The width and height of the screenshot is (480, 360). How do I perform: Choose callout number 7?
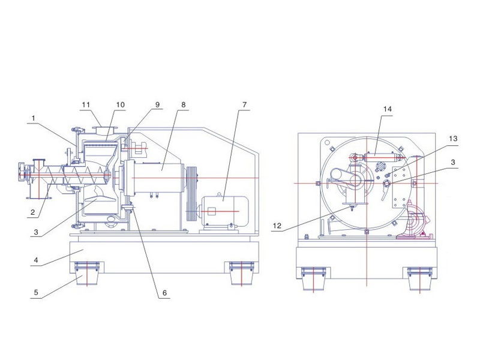click(x=244, y=104)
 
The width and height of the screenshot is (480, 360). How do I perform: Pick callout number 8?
click(x=184, y=104)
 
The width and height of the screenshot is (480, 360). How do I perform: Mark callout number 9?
click(x=158, y=104)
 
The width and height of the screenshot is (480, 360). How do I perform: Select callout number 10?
click(x=120, y=104)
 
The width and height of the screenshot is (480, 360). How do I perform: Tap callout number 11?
click(x=86, y=104)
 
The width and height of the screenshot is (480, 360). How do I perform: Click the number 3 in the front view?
click(x=453, y=163)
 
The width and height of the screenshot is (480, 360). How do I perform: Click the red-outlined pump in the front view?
click(x=414, y=223)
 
